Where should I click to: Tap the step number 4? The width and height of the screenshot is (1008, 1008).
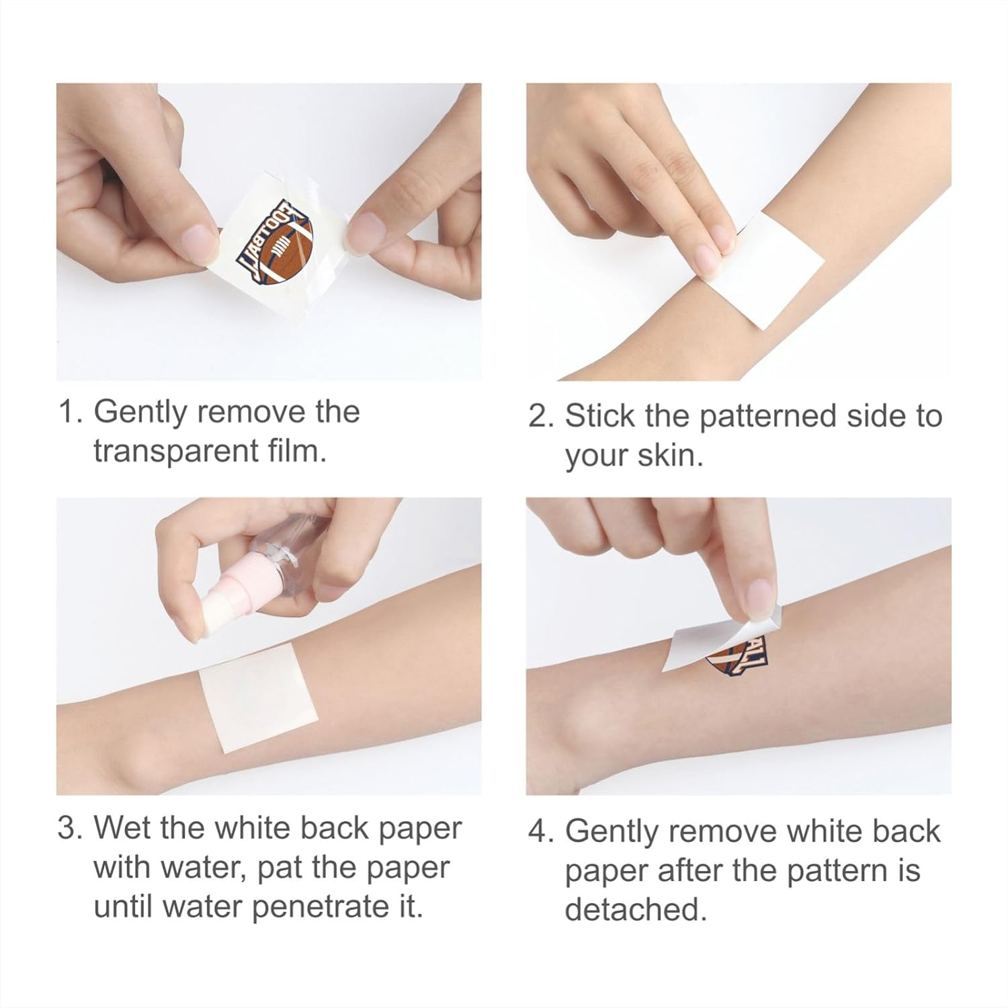click(x=538, y=831)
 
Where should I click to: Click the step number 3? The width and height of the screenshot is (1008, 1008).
click(x=68, y=828)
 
